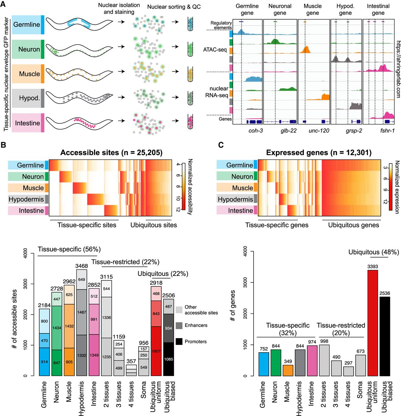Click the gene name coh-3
(x=256, y=131)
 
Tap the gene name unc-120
(x=319, y=131)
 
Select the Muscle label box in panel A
(x=26, y=74)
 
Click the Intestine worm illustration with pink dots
(x=80, y=123)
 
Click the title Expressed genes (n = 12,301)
(x=314, y=153)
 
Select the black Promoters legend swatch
(x=179, y=342)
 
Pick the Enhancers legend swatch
(x=179, y=325)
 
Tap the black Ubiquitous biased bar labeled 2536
(x=384, y=336)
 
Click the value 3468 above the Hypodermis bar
(x=81, y=266)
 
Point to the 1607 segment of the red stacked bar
(x=156, y=351)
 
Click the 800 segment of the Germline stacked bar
(x=44, y=321)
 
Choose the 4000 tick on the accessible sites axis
(x=26, y=253)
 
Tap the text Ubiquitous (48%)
(x=373, y=252)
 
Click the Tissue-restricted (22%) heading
(x=125, y=262)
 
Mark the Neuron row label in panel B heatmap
(x=32, y=176)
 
